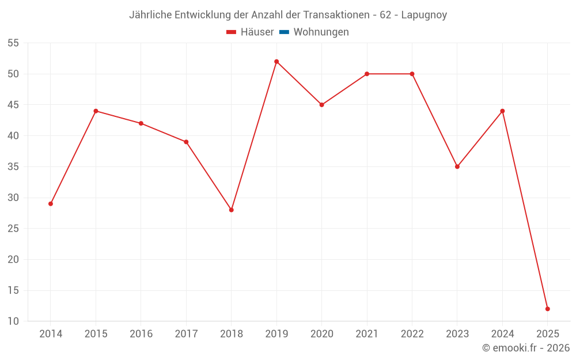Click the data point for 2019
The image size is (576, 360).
(x=276, y=62)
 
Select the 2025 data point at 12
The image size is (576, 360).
(x=548, y=309)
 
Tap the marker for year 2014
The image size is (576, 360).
(x=51, y=203)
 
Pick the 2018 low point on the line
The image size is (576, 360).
(x=232, y=210)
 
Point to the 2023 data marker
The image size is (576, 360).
(x=457, y=166)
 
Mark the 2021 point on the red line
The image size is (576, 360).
(x=367, y=74)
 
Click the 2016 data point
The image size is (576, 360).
(x=141, y=123)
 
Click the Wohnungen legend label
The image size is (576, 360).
(x=321, y=32)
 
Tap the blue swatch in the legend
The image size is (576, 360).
(x=284, y=32)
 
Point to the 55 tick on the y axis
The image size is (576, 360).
(x=13, y=43)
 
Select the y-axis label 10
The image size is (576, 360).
(x=13, y=321)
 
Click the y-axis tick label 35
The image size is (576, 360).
(x=13, y=166)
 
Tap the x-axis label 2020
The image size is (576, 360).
(x=321, y=334)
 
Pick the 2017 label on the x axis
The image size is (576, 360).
(x=186, y=334)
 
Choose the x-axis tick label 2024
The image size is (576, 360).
(x=502, y=334)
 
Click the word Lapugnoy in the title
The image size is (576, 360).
(x=425, y=15)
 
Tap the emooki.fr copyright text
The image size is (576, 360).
(x=526, y=348)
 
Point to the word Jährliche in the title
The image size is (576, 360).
(x=150, y=15)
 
